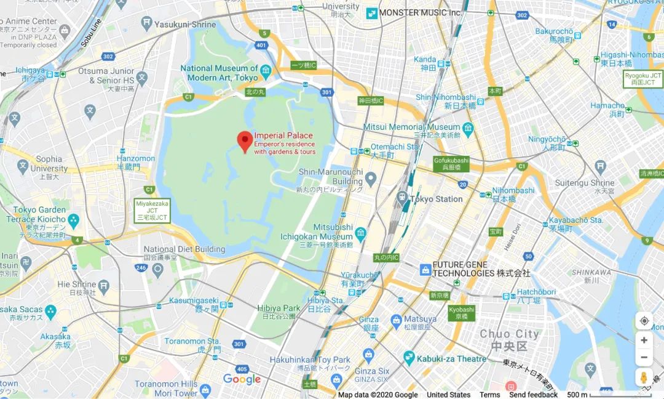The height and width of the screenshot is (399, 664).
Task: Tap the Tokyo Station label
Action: (x=436, y=199)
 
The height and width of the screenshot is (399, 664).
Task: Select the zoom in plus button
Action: (x=644, y=340)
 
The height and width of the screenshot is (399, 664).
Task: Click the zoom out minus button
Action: (x=644, y=357)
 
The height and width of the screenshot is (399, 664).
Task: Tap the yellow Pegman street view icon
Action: (x=644, y=377)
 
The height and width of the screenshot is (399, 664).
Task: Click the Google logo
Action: (x=242, y=379)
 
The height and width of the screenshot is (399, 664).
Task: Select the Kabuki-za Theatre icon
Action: (x=409, y=358)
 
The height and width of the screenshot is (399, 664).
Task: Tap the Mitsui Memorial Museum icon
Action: (x=468, y=128)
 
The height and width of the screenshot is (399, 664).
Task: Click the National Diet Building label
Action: (x=184, y=249)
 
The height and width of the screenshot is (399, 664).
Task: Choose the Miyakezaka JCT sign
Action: (x=152, y=210)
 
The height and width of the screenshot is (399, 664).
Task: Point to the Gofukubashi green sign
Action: (x=451, y=163)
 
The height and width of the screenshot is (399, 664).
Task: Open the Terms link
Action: (x=489, y=395)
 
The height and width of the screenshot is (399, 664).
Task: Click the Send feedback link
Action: (x=533, y=395)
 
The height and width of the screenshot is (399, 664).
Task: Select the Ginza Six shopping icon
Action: (x=368, y=355)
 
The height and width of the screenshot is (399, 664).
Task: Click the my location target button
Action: (x=644, y=321)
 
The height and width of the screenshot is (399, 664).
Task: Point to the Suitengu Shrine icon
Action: (x=601, y=166)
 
